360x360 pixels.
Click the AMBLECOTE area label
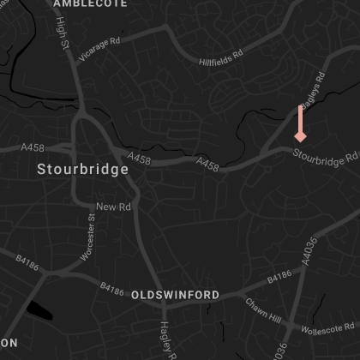[90, 4]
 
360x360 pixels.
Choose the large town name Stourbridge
[83, 170]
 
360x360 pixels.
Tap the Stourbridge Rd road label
[325, 157]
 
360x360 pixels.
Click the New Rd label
[113, 207]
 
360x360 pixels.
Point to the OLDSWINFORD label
[175, 295]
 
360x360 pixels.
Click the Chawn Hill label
[262, 311]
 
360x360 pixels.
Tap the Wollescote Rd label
[327, 327]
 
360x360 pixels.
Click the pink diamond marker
[300, 136]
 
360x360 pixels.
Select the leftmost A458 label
[32, 147]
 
